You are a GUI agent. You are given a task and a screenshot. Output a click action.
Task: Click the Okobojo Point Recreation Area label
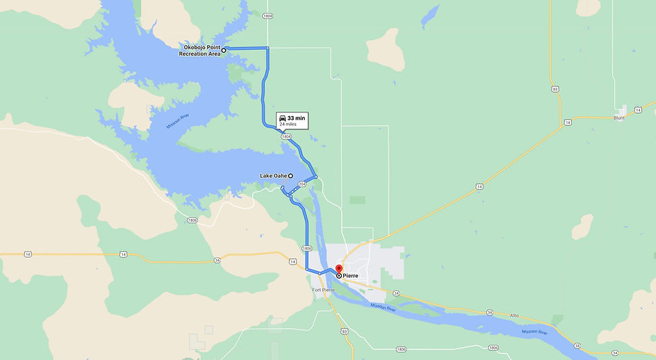199,51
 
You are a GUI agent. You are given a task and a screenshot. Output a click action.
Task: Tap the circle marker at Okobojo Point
224,50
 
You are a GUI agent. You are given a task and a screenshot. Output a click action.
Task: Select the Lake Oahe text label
273,176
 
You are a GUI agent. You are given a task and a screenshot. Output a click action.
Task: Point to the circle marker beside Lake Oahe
291,176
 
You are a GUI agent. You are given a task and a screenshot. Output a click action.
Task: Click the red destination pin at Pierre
338,270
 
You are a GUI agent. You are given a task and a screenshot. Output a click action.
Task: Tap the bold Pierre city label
351,276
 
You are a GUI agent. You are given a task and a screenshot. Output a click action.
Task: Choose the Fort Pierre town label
324,290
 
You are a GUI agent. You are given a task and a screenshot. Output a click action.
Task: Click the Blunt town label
619,117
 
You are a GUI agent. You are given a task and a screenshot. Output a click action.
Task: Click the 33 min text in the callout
297,118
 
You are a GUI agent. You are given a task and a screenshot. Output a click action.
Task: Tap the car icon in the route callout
283,118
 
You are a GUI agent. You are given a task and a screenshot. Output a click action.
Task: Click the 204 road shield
301,184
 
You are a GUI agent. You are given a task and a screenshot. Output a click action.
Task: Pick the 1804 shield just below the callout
287,136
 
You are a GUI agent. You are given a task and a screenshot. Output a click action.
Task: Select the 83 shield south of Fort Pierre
345,331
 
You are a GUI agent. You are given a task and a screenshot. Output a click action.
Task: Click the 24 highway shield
577,345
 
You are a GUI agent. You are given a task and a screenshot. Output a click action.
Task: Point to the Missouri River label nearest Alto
534,332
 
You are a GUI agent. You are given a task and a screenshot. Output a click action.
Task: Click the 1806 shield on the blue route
307,248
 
